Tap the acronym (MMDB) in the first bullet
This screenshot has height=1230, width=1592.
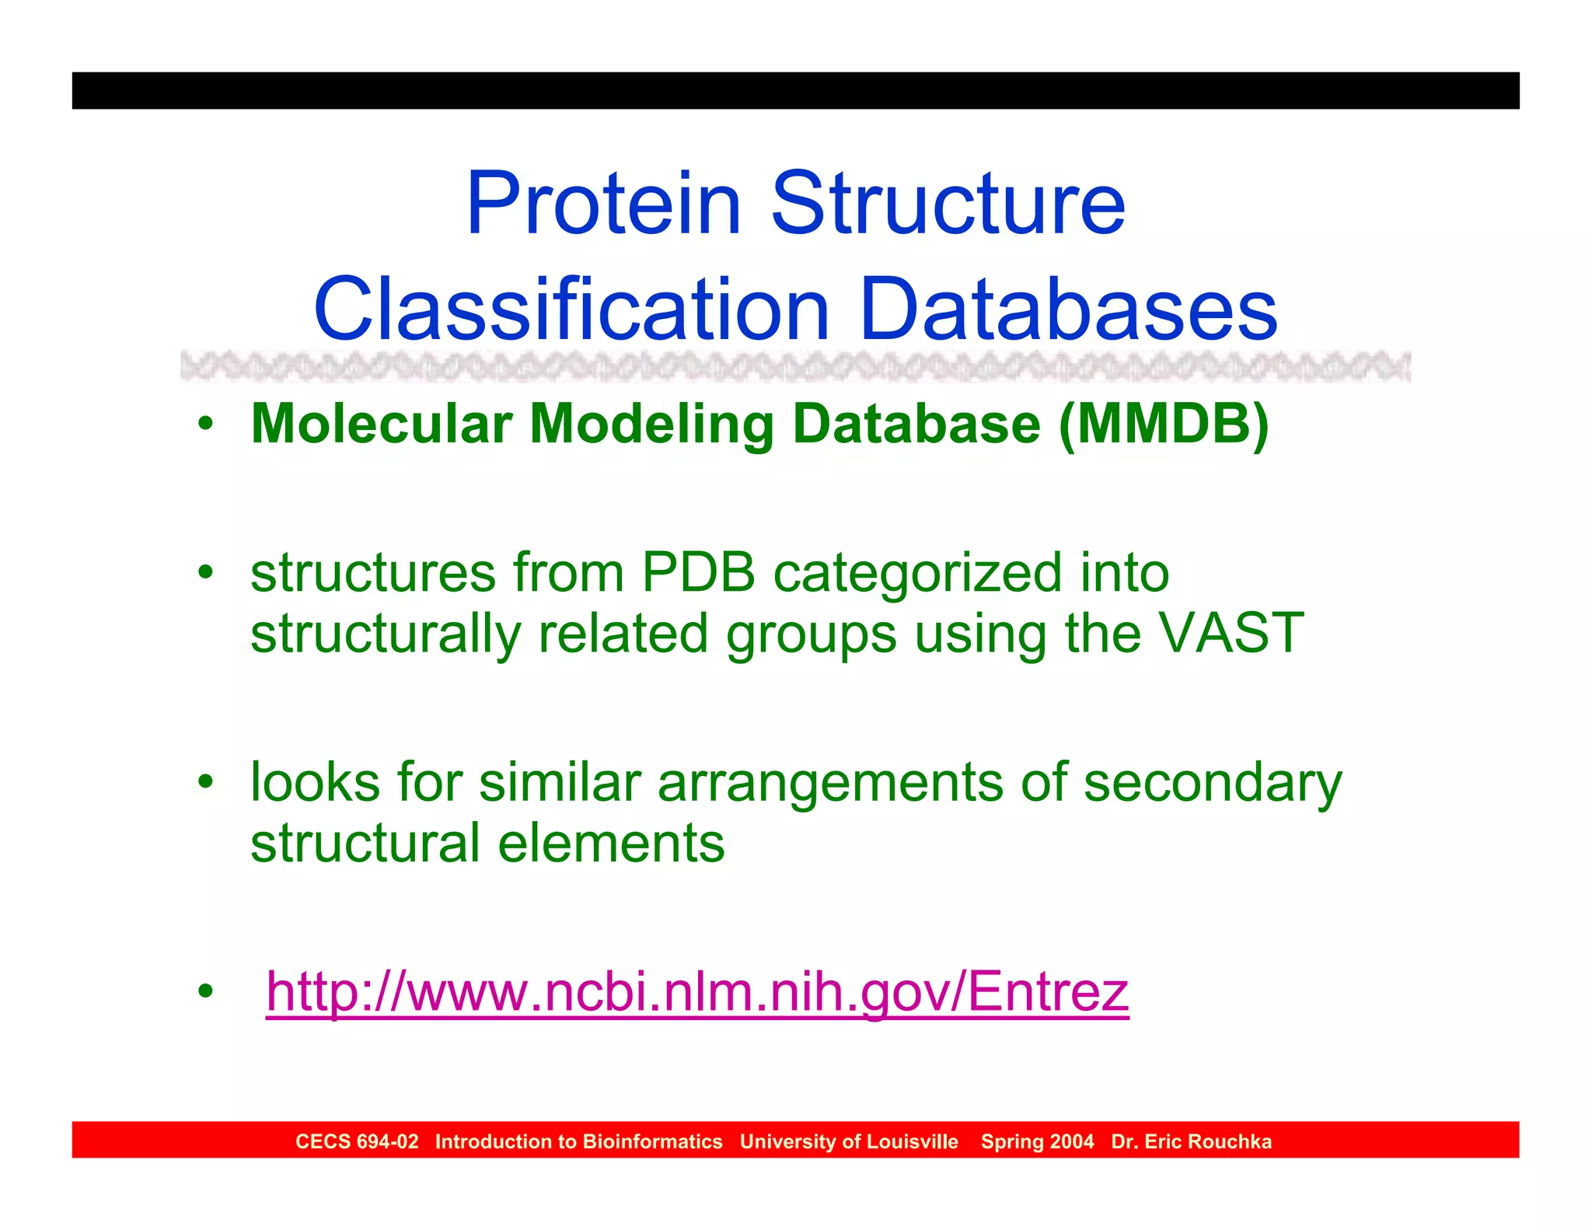tap(1164, 425)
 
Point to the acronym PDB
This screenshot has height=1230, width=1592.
tap(698, 573)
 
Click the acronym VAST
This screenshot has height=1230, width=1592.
tap(1231, 633)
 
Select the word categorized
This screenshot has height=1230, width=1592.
tap(917, 573)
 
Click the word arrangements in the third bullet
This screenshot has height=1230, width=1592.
tap(830, 782)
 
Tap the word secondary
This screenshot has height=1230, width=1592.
tap(1213, 782)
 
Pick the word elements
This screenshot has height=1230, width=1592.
tap(611, 844)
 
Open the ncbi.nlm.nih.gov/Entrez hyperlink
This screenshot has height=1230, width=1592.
tap(697, 992)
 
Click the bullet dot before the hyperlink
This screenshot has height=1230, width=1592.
tap(205, 992)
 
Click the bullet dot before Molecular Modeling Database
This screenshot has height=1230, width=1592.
tap(205, 425)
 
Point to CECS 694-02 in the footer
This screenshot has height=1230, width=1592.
tap(357, 1141)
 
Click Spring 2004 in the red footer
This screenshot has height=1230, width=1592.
tap(1037, 1141)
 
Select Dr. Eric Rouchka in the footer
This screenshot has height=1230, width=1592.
tap(1191, 1141)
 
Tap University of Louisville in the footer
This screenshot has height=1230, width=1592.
tap(849, 1141)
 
